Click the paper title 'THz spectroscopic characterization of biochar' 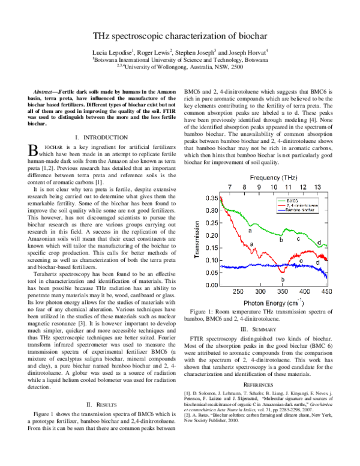click(x=180, y=36)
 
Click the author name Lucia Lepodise click(x=118, y=52)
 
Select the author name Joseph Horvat click(x=250, y=52)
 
